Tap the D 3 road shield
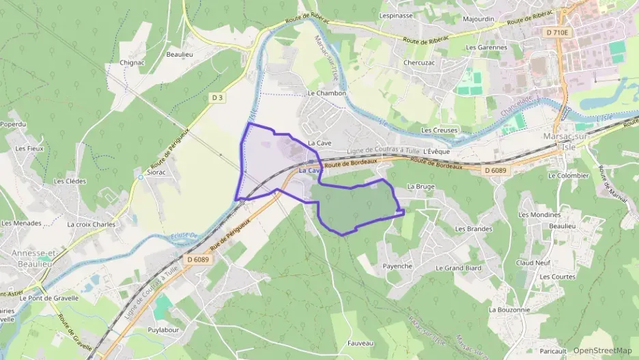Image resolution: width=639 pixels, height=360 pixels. click(218, 98)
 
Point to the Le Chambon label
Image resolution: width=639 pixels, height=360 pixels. click(327, 93)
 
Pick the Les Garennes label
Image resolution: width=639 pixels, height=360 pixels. click(486, 48)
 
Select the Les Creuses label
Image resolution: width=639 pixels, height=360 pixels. click(438, 130)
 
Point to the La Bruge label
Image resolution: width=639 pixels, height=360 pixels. click(421, 186)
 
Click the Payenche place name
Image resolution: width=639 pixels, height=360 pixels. click(397, 266)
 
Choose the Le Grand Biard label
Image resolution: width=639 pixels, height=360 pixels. click(458, 268)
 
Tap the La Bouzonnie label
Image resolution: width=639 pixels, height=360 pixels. click(509, 309)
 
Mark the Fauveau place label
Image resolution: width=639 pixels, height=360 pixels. click(360, 343)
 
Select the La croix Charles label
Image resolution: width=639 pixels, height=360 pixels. click(91, 224)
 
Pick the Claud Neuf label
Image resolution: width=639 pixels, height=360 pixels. click(533, 262)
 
